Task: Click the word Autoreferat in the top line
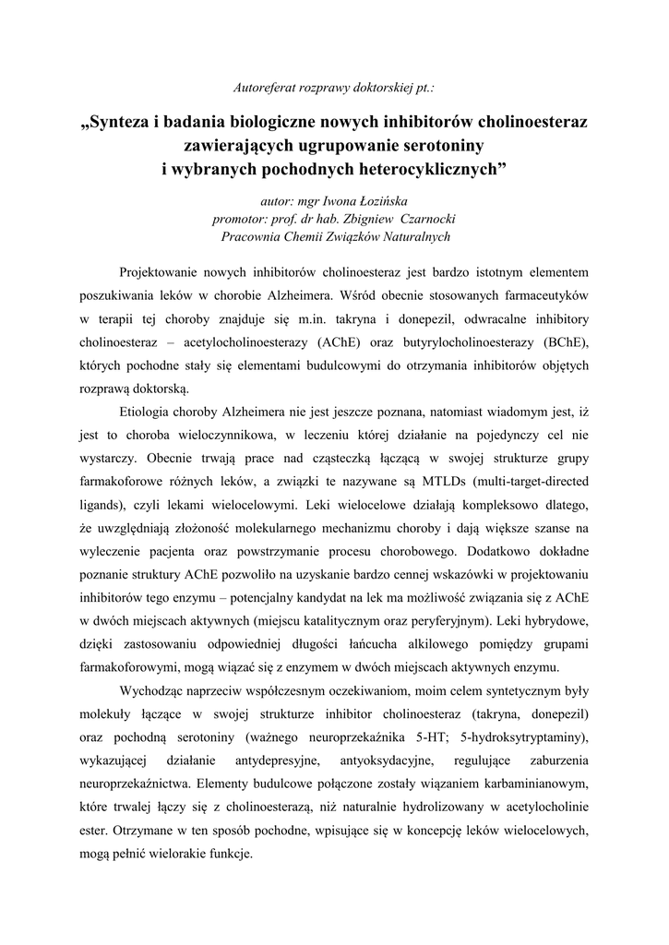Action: pyautogui.click(x=264, y=88)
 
